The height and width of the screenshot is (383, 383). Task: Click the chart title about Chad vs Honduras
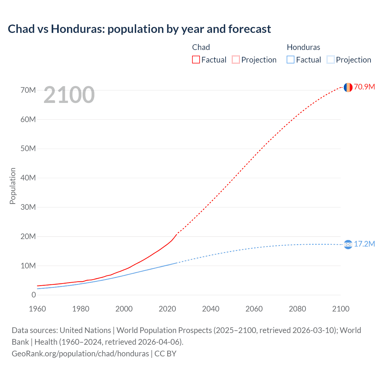click(139, 29)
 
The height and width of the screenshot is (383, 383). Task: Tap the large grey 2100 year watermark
click(69, 95)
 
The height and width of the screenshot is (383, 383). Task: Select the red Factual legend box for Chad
click(196, 60)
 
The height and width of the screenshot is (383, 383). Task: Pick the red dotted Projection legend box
click(236, 60)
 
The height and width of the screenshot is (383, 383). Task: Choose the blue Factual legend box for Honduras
click(291, 60)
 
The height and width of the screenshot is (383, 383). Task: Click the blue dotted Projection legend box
click(331, 60)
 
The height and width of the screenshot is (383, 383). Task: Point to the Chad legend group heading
click(201, 47)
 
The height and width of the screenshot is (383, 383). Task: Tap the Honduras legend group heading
click(303, 47)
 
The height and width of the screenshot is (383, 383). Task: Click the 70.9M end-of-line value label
click(364, 87)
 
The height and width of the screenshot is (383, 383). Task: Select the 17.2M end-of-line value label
click(364, 244)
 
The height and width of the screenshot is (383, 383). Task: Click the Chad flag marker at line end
click(348, 87)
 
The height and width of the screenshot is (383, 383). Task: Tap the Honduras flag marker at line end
click(348, 244)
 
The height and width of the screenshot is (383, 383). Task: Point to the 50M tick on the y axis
click(28, 149)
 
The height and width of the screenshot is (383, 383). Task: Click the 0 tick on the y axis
click(34, 295)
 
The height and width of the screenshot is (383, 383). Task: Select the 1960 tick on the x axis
click(37, 309)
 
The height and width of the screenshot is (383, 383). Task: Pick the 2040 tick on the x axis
click(211, 309)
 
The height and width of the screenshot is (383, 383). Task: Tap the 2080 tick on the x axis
click(297, 309)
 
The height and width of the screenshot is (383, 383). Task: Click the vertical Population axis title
click(13, 186)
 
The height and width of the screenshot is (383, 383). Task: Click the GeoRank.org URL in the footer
click(80, 354)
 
